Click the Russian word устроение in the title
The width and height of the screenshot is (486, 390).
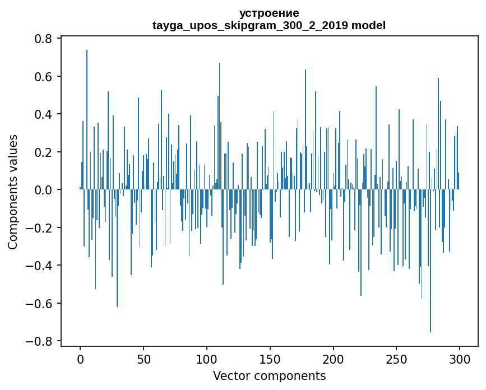(x=269, y=13)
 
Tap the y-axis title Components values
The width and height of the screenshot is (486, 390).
(x=13, y=192)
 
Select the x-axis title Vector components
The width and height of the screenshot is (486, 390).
(x=269, y=375)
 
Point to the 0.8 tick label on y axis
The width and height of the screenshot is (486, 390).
(x=43, y=39)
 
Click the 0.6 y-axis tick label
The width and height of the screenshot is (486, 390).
(x=43, y=76)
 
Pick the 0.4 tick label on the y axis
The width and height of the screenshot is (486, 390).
(x=43, y=114)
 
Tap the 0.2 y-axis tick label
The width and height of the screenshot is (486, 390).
(x=43, y=152)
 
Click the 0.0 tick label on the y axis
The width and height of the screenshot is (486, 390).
(x=43, y=190)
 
